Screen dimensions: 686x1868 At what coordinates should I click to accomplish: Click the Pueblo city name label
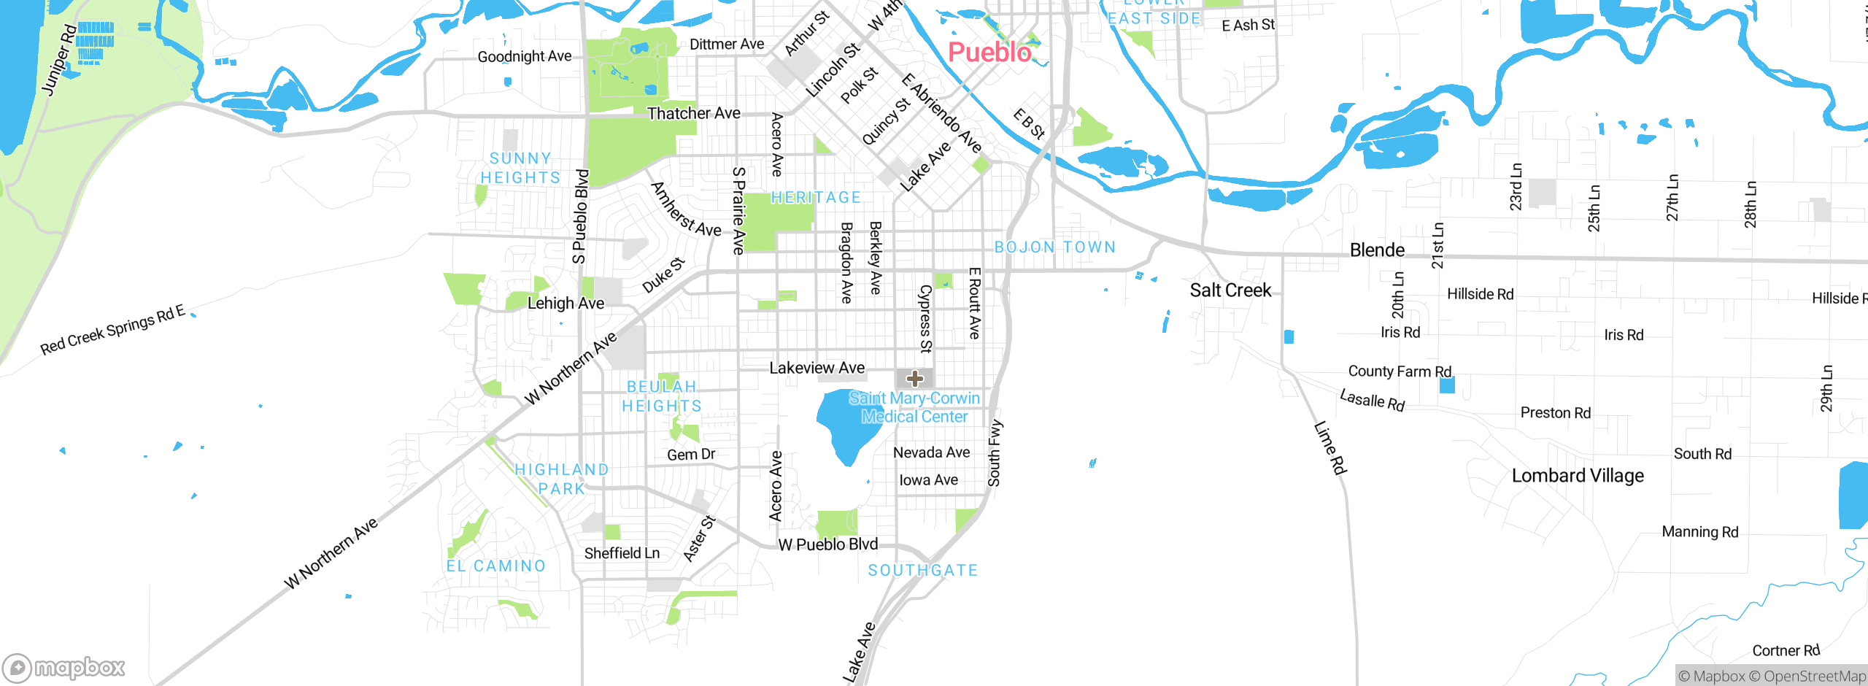tap(989, 53)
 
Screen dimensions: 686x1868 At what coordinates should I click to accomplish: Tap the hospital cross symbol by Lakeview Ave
tap(915, 378)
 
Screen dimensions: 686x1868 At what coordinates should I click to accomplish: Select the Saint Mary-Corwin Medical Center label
tap(914, 407)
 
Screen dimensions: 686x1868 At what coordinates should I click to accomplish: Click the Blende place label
tap(1377, 250)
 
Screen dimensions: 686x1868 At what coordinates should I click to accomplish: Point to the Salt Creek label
tap(1230, 290)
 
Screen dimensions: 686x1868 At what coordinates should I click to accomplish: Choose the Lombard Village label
tap(1578, 476)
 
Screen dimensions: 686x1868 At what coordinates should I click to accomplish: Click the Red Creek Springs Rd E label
tap(112, 330)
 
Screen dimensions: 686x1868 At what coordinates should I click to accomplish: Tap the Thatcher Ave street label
tap(693, 113)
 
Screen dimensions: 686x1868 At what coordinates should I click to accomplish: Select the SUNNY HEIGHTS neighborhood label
tap(520, 168)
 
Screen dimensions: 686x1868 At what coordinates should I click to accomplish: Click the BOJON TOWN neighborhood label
tap(1055, 247)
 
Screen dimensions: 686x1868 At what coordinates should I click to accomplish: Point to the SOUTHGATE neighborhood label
tap(923, 570)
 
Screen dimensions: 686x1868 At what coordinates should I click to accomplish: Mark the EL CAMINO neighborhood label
tap(496, 566)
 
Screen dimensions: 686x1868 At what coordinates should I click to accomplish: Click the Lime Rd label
tap(1330, 447)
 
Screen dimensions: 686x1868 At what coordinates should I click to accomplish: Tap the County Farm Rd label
tap(1400, 371)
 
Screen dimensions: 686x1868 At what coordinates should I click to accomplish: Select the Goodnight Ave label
tap(524, 56)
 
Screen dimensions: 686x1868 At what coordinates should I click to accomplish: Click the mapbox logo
tap(64, 667)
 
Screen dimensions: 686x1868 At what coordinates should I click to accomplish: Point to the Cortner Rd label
tap(1786, 650)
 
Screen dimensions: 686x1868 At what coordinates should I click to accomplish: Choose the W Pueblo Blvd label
tap(827, 544)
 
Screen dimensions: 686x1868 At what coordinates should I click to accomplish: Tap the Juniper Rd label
tap(58, 60)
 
